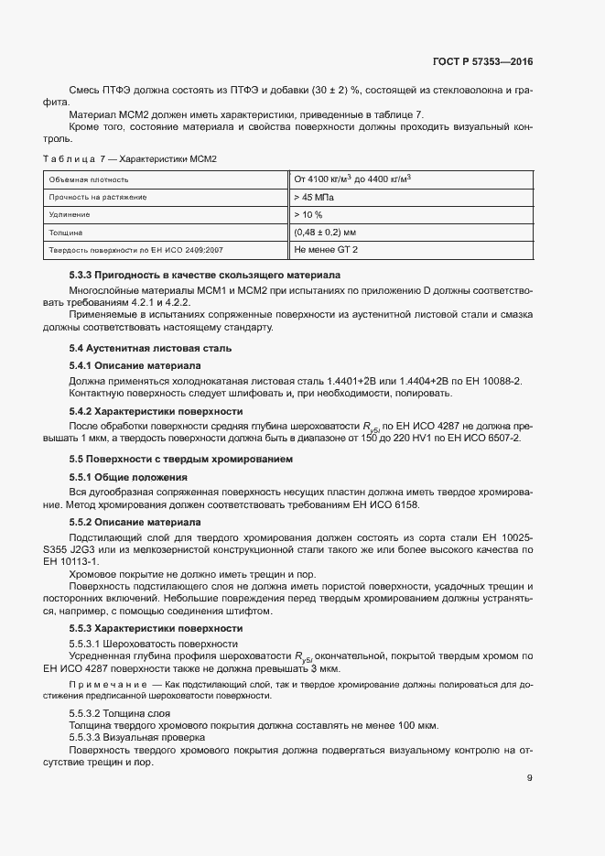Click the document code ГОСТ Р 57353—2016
pyautogui.click(x=482, y=63)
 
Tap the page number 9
pyautogui.click(x=530, y=780)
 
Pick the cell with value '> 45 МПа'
pyautogui.click(x=314, y=197)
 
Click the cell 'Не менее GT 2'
pyautogui.click(x=326, y=249)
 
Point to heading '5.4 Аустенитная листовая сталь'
pyautogui.click(x=150, y=348)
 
